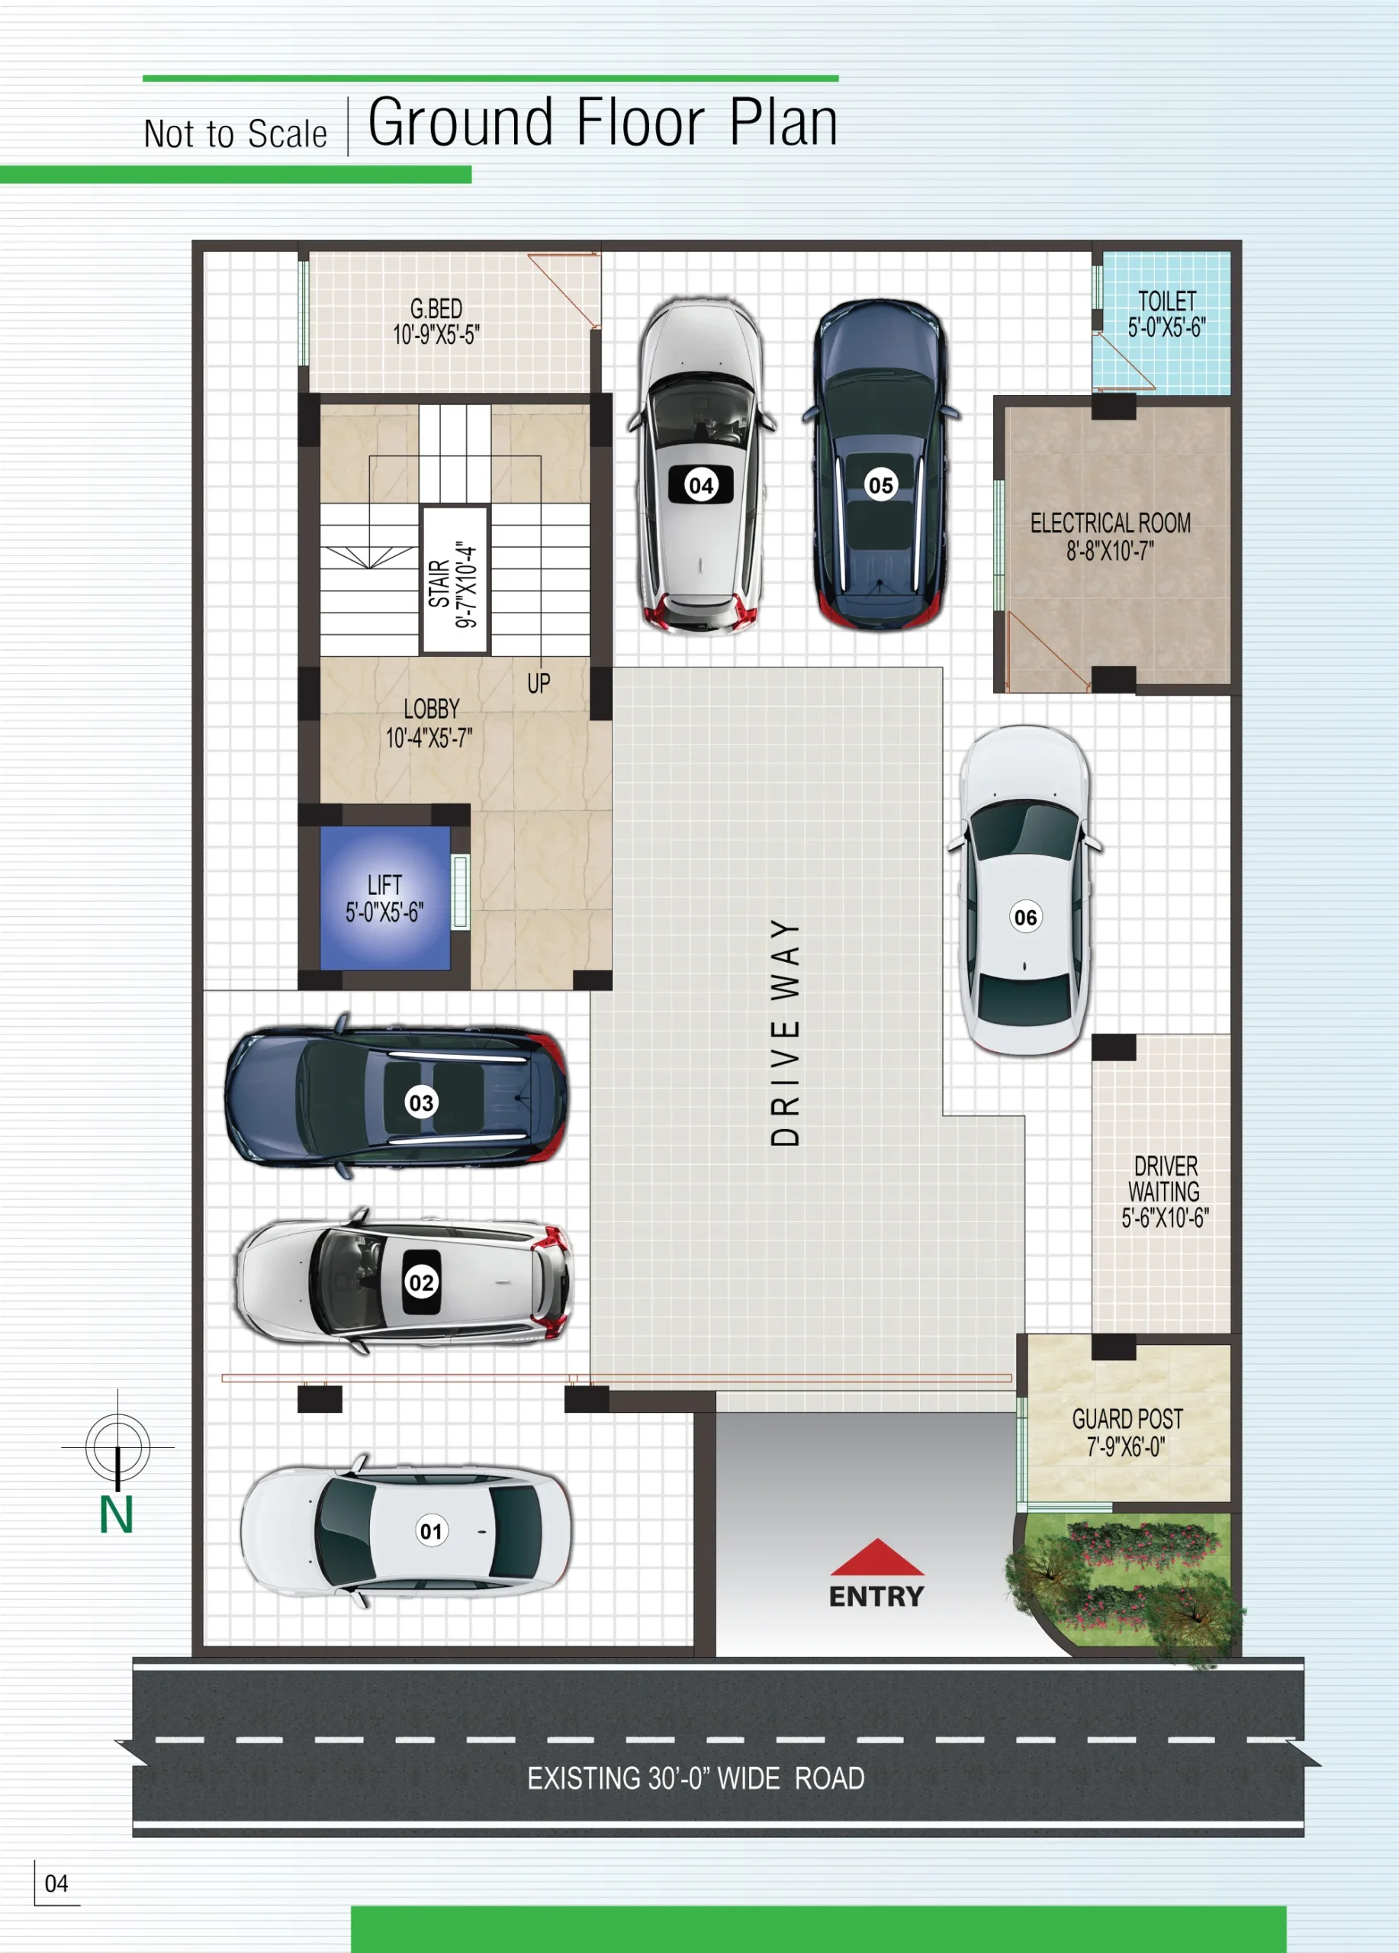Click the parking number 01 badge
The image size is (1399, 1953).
[x=431, y=1531]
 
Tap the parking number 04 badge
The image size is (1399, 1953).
[x=702, y=484]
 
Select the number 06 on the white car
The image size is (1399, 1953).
[x=1025, y=917]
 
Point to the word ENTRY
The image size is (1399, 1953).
[x=876, y=1597]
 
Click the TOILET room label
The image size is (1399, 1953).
[x=1166, y=301]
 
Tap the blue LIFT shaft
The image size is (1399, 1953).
[x=384, y=898]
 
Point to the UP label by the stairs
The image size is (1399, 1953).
[x=539, y=684]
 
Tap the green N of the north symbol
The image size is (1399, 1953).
[x=116, y=1514]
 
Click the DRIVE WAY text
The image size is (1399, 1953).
[x=785, y=1032]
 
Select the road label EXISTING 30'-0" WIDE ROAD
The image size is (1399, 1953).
[x=696, y=1778]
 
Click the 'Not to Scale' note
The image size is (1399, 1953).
[x=235, y=134]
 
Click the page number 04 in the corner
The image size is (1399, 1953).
[x=56, y=1884]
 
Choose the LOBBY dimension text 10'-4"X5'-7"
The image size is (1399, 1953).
[x=429, y=738]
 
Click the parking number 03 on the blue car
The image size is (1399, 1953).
[x=421, y=1103]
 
